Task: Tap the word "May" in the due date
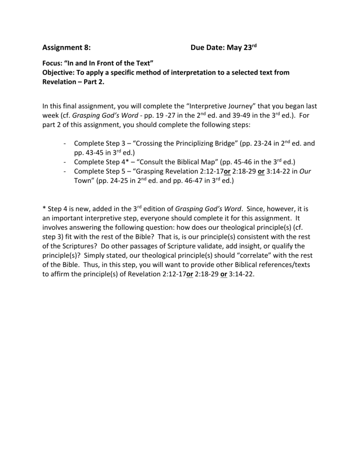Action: pyautogui.click(x=235, y=47)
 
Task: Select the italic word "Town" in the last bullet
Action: pyautogui.click(x=82, y=180)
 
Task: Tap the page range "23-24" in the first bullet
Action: pyautogui.click(x=258, y=143)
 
